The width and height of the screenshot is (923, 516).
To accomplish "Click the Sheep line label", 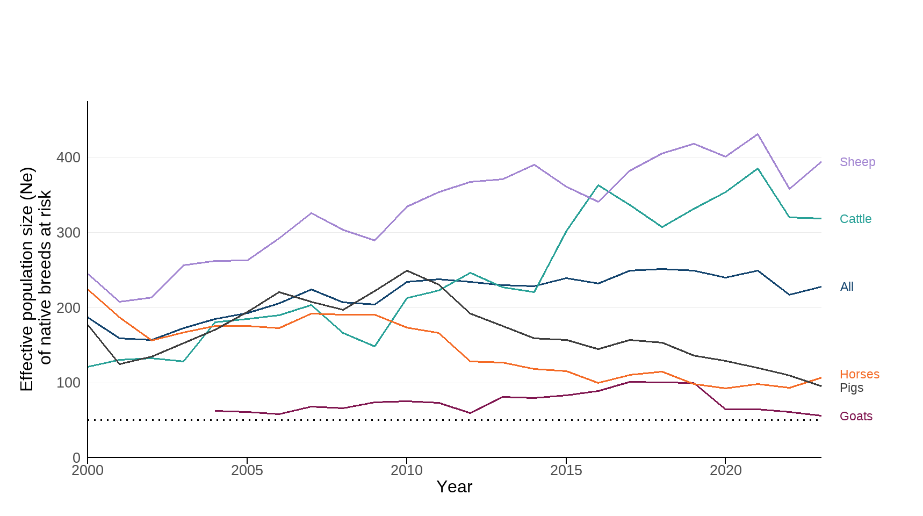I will (857, 162).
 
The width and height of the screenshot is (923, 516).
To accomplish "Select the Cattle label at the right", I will (855, 219).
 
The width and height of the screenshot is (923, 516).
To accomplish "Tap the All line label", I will (847, 286).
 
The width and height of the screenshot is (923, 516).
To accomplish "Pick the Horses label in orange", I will (859, 374).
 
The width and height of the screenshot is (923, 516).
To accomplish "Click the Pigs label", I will (851, 388).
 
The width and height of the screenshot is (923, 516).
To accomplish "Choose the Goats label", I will (856, 416).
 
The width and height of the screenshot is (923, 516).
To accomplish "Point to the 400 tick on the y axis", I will (68, 157).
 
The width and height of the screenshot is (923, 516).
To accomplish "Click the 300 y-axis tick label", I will (68, 233).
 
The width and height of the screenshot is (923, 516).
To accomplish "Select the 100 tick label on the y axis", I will (68, 383).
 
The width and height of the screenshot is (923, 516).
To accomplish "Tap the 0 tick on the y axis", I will (76, 457).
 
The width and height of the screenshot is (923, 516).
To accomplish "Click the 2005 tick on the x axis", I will (247, 471).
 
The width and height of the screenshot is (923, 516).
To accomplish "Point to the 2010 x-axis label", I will (407, 471).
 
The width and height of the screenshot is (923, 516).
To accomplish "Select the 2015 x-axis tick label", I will (566, 471).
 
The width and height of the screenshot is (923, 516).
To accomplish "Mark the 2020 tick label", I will (725, 471).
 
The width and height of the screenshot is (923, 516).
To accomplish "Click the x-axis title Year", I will (454, 487).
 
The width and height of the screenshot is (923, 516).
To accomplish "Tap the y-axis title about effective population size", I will (35, 279).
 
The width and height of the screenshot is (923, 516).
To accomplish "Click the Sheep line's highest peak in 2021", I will (758, 134).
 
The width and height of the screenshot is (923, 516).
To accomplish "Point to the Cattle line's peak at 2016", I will (598, 185).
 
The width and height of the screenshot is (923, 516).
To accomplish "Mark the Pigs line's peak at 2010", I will (407, 270).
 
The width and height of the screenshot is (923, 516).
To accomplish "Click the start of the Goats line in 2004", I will (215, 411).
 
